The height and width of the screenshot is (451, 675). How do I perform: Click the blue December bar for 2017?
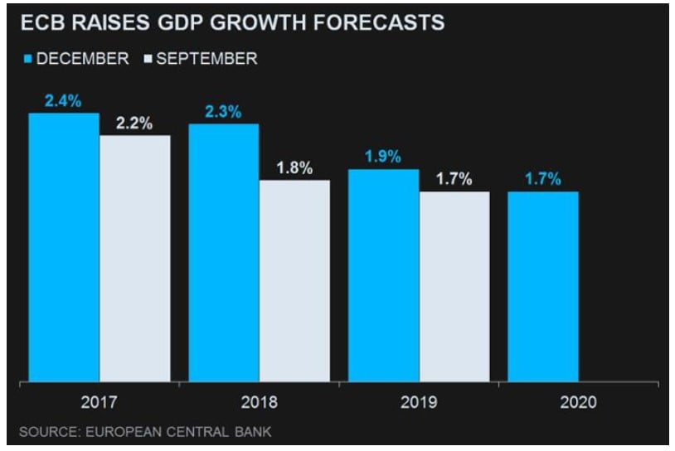(x=64, y=248)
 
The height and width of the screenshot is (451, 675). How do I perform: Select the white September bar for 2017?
(x=135, y=259)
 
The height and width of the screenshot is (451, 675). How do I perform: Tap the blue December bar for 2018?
(x=224, y=254)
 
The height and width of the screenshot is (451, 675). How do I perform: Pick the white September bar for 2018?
(x=294, y=282)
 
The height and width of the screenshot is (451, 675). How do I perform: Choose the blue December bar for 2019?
(x=383, y=276)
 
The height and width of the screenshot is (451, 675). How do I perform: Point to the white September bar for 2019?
(x=454, y=288)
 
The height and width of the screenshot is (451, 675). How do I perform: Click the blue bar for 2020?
(x=542, y=288)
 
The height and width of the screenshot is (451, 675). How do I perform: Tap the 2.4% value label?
(x=63, y=102)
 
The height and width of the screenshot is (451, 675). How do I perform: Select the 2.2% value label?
(x=134, y=124)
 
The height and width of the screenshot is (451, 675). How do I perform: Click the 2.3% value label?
(x=223, y=113)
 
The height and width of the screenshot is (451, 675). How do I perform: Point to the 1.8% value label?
(x=294, y=168)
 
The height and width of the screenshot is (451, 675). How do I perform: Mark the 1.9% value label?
(x=382, y=158)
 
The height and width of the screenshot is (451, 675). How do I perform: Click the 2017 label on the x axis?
(x=99, y=404)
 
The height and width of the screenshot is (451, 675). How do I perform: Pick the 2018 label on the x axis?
(x=259, y=404)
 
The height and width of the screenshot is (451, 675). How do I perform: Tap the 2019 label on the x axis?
(x=419, y=404)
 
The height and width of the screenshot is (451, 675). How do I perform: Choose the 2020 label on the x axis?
(x=578, y=404)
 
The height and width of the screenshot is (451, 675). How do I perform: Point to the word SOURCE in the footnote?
(x=46, y=432)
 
